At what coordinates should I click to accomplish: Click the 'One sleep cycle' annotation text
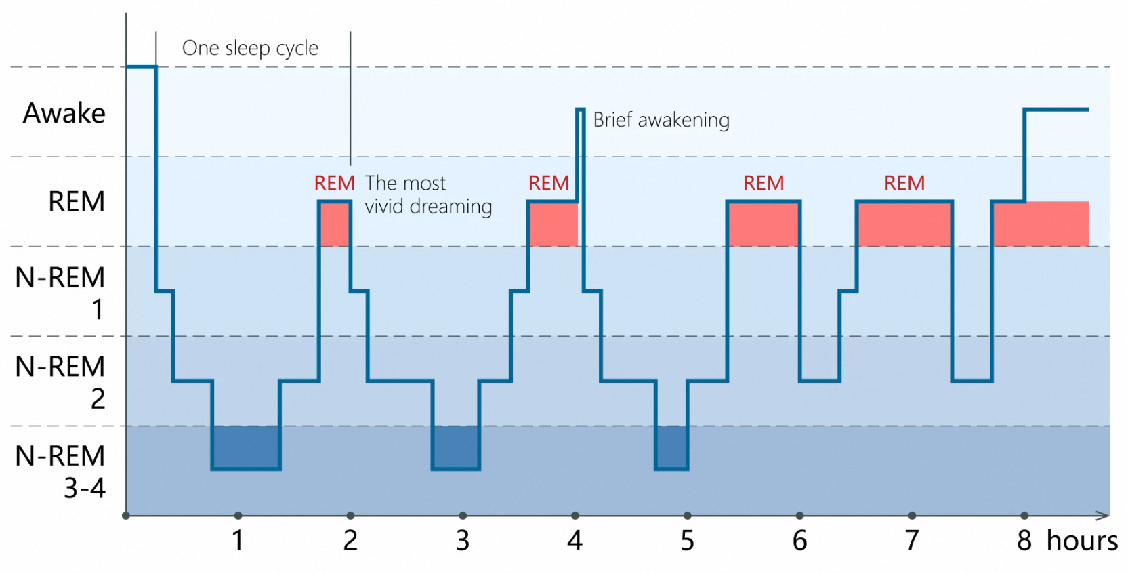(x=250, y=48)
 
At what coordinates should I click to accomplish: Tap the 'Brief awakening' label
(x=661, y=121)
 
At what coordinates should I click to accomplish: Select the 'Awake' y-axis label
(x=64, y=112)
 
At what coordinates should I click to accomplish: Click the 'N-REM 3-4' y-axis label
(x=60, y=472)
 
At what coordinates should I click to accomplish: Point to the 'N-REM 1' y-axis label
(x=60, y=293)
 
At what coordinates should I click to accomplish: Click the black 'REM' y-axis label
(x=77, y=201)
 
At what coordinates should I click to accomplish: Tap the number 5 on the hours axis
(x=688, y=541)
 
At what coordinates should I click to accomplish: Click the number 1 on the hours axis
(x=238, y=541)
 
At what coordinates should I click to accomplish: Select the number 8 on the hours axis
(x=1024, y=541)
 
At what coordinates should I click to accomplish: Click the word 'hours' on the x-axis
(x=1082, y=541)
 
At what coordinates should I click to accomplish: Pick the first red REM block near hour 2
(x=335, y=224)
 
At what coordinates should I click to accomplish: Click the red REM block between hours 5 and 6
(x=764, y=224)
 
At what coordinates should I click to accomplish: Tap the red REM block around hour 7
(x=904, y=224)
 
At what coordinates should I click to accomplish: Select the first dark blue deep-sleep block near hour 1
(x=246, y=447)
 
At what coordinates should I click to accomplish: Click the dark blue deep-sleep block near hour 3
(x=456, y=447)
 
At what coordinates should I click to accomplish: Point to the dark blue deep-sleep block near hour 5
(x=672, y=447)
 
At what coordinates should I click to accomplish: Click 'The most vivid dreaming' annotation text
(x=429, y=195)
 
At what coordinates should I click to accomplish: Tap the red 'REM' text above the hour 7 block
(x=904, y=183)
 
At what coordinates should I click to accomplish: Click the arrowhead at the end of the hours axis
(x=1104, y=516)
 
